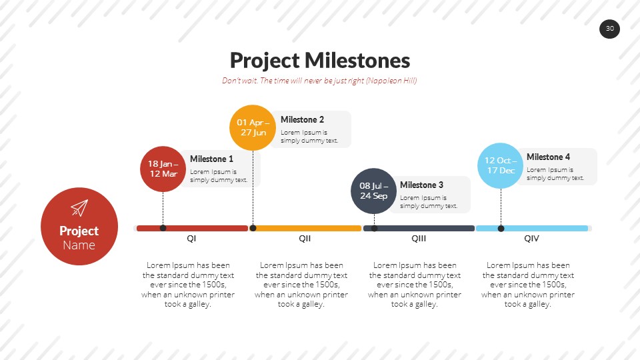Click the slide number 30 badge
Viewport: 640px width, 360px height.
(609, 29)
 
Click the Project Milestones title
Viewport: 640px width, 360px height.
(319, 61)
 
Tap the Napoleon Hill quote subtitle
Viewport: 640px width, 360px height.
(319, 81)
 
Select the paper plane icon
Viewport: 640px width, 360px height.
(79, 208)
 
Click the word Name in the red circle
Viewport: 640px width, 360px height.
(79, 245)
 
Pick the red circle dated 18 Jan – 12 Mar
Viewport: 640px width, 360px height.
(163, 169)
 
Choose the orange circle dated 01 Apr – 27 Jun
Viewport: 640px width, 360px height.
(253, 127)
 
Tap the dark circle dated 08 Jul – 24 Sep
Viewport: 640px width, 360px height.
(373, 191)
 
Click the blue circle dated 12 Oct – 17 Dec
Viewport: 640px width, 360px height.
(500, 165)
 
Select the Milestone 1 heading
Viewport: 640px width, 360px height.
(211, 159)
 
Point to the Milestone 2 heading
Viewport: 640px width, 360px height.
(302, 120)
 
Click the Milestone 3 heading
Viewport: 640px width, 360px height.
(421, 185)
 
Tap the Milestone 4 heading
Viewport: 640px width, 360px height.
(548, 157)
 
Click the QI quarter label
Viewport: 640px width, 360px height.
(191, 239)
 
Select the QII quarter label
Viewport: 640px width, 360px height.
(305, 239)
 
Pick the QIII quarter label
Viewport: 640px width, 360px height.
(419, 239)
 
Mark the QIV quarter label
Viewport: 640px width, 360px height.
(531, 239)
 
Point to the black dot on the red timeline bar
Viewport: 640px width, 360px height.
(163, 228)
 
